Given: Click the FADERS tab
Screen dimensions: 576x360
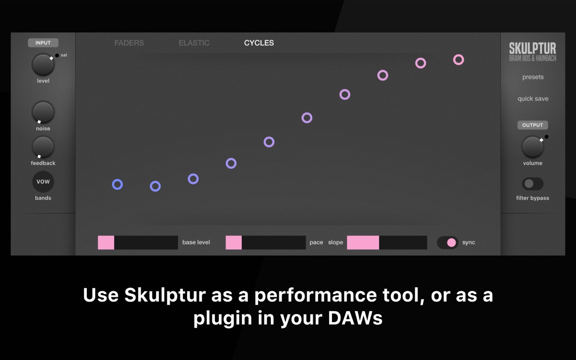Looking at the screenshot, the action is (129, 43).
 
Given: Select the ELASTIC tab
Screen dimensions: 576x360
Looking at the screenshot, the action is (194, 43).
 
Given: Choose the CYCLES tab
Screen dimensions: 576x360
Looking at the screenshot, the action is (259, 43).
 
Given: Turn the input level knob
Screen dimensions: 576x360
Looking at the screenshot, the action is (43, 64).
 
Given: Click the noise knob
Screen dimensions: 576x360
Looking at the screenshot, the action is (43, 112).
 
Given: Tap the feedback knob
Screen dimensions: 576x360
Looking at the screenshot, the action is (43, 147).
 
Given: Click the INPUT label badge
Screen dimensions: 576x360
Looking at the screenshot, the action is (43, 43).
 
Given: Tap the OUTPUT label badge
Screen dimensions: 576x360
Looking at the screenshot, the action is (533, 125).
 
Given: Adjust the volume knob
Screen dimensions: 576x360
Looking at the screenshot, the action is (533, 147).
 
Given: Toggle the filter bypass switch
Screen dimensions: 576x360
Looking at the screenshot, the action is (533, 184).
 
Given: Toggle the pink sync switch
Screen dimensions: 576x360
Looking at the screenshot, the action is (447, 243).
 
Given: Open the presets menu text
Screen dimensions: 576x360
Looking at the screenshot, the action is (533, 77).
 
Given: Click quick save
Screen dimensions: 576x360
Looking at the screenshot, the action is (533, 99).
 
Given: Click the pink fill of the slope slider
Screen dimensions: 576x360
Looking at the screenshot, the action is (363, 243).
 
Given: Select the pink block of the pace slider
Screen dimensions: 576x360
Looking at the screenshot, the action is (233, 243).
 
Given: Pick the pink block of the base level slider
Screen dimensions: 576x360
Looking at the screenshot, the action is (106, 243).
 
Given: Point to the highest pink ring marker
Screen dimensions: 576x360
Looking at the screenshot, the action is (459, 55).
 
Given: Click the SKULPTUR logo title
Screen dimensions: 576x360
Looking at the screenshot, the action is (533, 48).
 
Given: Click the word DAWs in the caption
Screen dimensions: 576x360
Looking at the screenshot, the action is (355, 318).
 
